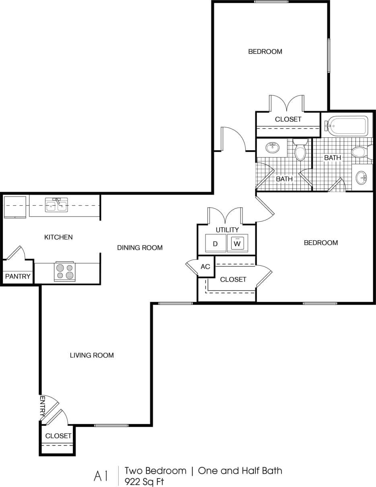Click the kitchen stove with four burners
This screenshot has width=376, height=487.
click(64, 272)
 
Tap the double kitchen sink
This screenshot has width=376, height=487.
click(56, 205)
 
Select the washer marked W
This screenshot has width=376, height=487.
click(237, 243)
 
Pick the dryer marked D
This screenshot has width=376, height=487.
click(215, 243)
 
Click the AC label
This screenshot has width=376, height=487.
click(205, 266)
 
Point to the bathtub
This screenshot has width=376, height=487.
click(346, 125)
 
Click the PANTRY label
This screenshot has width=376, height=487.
click(18, 276)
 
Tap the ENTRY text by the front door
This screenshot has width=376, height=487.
click(43, 406)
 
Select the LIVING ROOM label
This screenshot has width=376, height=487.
click(92, 355)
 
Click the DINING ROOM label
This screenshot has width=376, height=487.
click(140, 248)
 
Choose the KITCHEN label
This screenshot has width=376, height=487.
click(58, 237)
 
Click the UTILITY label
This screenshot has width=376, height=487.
click(227, 230)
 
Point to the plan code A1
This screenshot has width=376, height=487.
click(101, 476)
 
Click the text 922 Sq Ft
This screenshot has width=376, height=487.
click(144, 481)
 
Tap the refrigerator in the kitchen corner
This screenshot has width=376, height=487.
click(15, 207)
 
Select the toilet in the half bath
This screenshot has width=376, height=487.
click(300, 150)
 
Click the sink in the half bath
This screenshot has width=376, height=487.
click(273, 147)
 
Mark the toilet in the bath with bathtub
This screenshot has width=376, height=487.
click(359, 152)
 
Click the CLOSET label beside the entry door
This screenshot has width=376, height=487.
click(58, 436)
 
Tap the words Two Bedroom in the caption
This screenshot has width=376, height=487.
click(155, 471)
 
